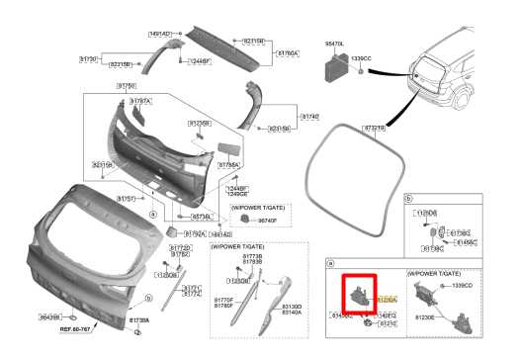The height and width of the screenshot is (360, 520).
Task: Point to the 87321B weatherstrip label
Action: (375, 128)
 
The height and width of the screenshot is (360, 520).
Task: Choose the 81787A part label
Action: (139, 101)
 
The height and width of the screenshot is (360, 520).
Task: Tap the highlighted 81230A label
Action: (387, 298)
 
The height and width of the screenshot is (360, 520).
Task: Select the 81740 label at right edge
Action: (309, 117)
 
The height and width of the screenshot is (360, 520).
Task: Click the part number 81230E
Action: (427, 317)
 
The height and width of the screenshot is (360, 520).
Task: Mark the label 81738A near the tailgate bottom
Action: (139, 320)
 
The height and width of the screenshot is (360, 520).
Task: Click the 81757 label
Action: (128, 198)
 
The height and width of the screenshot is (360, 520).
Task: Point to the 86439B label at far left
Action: (50, 316)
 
